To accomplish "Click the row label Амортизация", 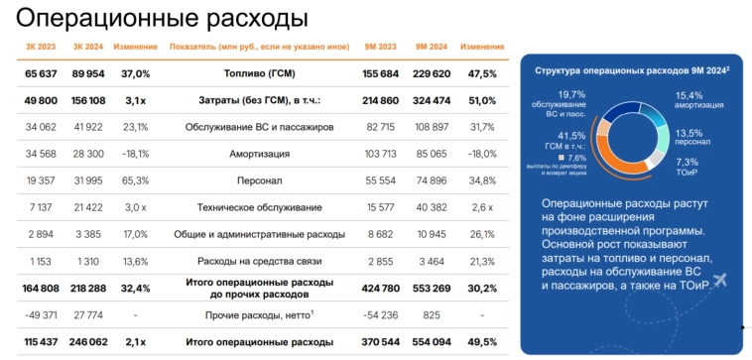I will (258, 154).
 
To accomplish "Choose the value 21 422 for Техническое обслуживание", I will (88, 207).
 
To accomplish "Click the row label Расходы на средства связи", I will (258, 261).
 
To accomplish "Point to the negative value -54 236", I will (381, 314).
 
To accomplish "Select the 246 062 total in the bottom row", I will (88, 341).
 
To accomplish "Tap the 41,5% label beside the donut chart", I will (571, 136).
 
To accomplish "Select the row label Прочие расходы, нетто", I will (258, 314).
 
